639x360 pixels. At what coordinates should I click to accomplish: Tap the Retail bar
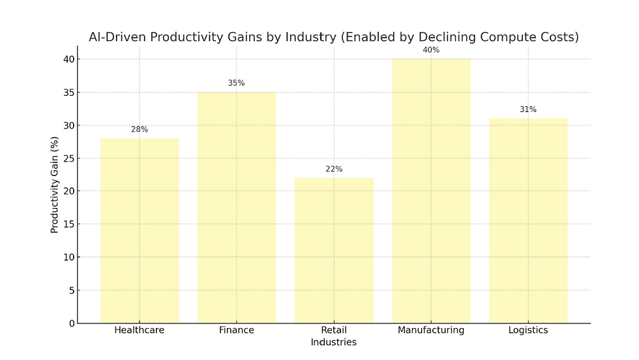pyautogui.click(x=334, y=250)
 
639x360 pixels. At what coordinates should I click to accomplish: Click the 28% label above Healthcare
pyautogui.click(x=140, y=129)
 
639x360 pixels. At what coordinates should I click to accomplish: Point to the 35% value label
pyautogui.click(x=237, y=83)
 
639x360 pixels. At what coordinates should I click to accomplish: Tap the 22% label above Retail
pyautogui.click(x=334, y=169)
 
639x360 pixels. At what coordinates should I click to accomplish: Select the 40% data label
pyautogui.click(x=431, y=50)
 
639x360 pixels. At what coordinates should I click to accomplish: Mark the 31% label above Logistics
pyautogui.click(x=528, y=110)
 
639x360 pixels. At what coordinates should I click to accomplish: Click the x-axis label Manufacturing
pyautogui.click(x=431, y=330)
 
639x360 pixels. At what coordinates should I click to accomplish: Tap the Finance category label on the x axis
pyautogui.click(x=237, y=330)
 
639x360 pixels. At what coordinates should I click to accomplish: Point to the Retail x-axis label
pyautogui.click(x=334, y=330)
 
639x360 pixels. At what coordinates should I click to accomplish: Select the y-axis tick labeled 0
pyautogui.click(x=70, y=323)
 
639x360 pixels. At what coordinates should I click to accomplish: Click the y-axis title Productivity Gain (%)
pyautogui.click(x=55, y=185)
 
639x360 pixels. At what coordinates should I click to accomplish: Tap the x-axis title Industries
pyautogui.click(x=334, y=342)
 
